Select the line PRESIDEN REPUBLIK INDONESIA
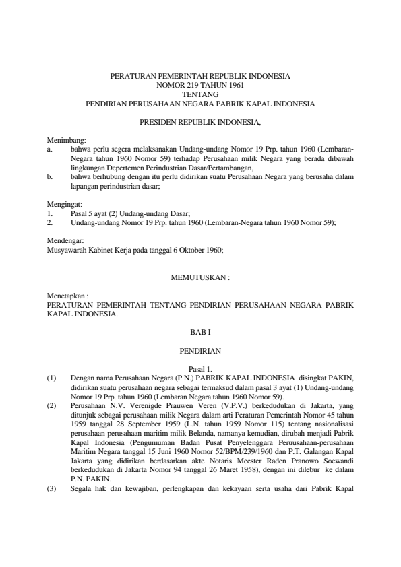[x=200, y=122]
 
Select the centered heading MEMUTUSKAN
[x=200, y=277]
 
